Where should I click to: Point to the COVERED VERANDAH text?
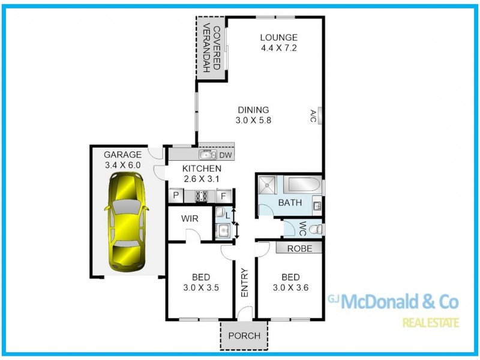click(x=211, y=47)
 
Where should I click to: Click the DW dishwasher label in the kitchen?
click(x=226, y=155)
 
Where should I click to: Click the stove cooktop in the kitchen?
click(x=201, y=195)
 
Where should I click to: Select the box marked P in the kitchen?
click(x=176, y=196)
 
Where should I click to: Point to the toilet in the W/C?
click(x=317, y=229)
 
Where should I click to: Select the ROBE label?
click(x=299, y=248)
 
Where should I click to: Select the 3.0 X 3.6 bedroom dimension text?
click(x=290, y=287)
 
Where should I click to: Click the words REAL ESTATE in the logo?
click(x=430, y=323)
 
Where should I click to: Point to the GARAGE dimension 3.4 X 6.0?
click(x=122, y=165)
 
